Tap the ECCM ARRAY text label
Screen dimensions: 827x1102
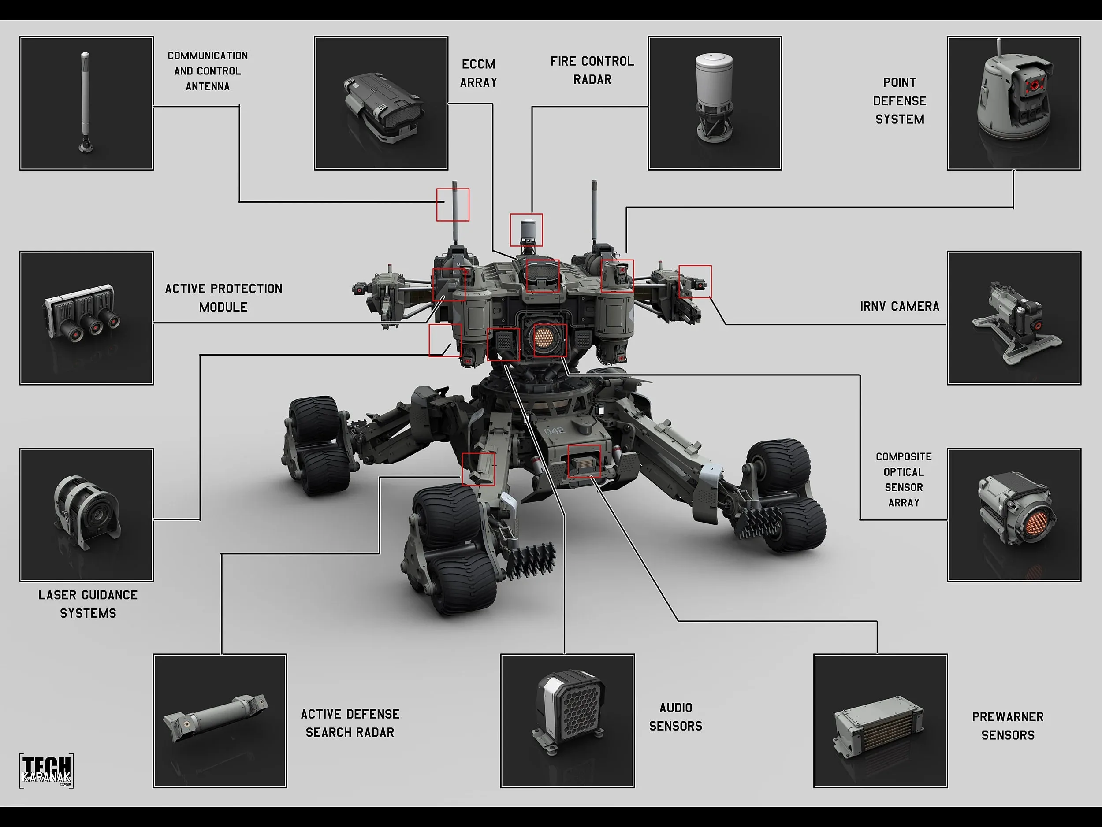[x=478, y=73]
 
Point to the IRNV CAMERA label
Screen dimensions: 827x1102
[x=899, y=306]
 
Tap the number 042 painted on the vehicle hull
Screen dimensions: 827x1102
[x=554, y=430]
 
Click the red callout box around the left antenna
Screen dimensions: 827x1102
[x=452, y=204]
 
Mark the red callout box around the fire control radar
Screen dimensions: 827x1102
[x=526, y=230]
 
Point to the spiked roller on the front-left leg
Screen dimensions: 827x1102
[x=531, y=560]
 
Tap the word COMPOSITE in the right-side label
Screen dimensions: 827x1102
[x=903, y=456]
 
